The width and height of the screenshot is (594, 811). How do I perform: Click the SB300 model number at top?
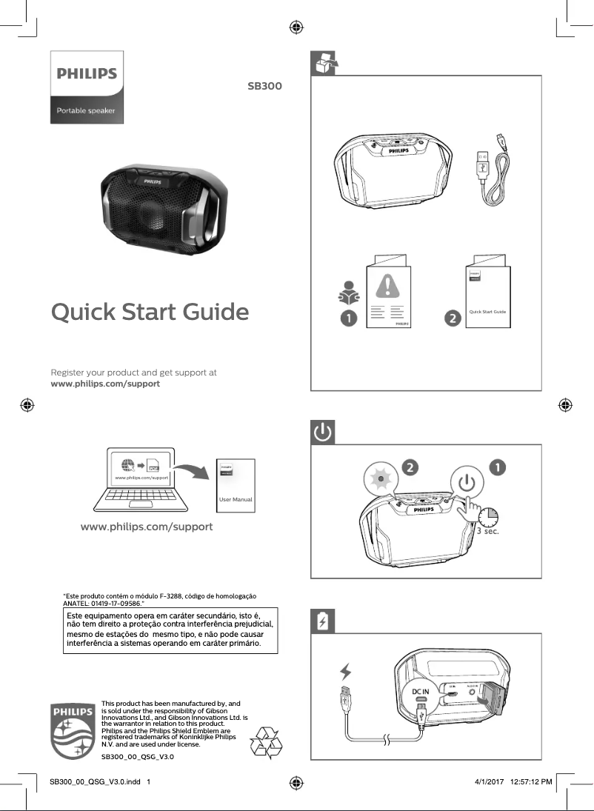tap(264, 86)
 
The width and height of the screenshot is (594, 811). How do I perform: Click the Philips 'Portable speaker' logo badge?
tap(87, 87)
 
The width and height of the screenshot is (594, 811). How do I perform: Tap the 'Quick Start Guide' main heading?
tap(150, 313)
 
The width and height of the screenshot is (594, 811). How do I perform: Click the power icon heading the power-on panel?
tap(323, 433)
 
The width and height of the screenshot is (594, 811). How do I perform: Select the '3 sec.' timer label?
tap(486, 530)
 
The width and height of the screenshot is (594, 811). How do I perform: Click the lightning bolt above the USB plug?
tap(345, 672)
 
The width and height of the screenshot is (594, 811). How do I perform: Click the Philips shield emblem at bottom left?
tap(72, 730)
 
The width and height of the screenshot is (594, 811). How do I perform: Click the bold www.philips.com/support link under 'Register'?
tap(104, 384)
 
